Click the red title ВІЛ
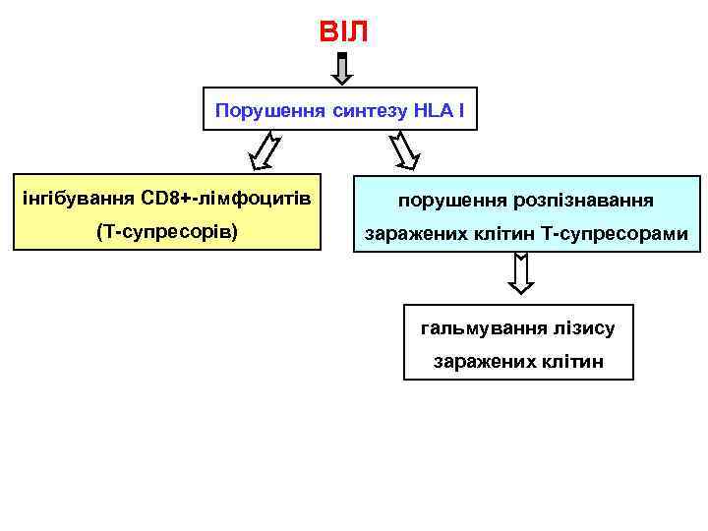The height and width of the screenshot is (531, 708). (343, 32)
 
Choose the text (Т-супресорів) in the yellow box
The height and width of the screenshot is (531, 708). (167, 234)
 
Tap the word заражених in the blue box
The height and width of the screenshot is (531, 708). (412, 235)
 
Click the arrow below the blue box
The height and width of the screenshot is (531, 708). (520, 273)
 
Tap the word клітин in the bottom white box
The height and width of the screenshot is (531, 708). (572, 362)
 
